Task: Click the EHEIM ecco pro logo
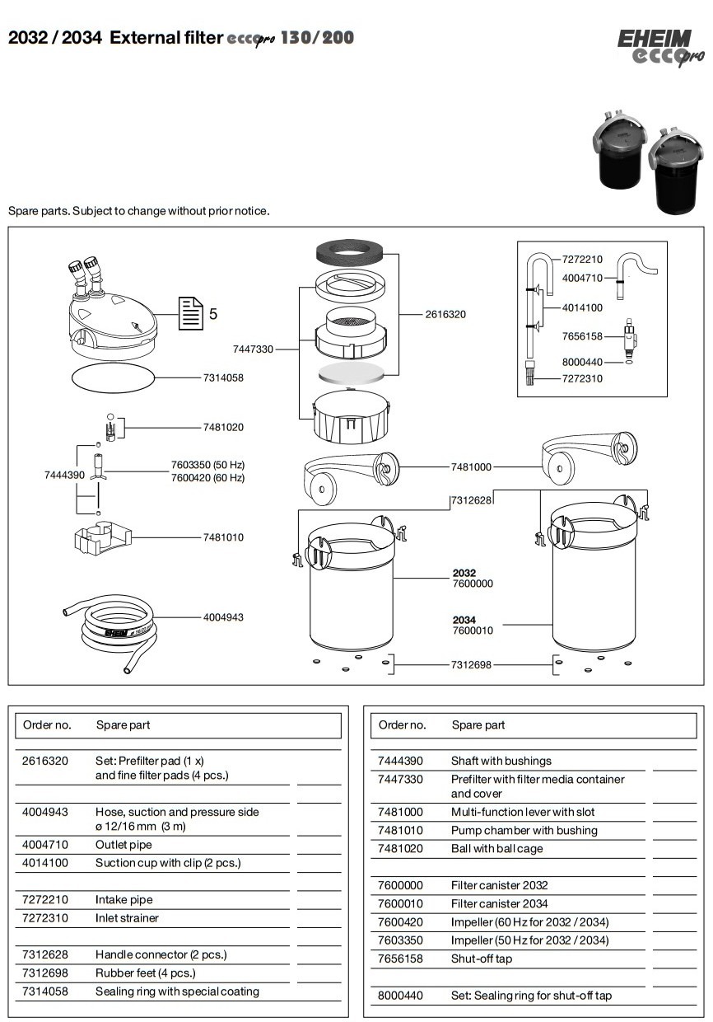660,48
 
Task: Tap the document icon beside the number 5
191,313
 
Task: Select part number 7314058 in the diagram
223,377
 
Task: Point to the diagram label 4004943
223,617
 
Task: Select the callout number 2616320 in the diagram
445,315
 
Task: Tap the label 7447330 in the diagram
253,349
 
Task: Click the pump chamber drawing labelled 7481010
102,538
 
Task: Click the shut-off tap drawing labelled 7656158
631,337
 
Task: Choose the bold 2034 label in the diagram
464,620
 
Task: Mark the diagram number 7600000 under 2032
473,584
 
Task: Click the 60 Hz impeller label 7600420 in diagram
207,478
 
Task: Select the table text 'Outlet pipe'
123,845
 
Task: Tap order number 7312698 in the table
45,973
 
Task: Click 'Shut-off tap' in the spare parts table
482,959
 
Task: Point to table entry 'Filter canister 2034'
499,903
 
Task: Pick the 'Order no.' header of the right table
402,725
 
